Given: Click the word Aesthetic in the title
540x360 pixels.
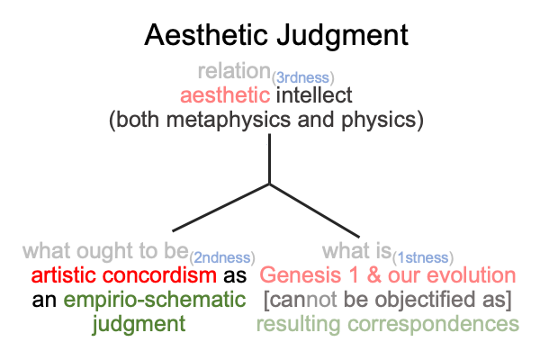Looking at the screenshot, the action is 206,34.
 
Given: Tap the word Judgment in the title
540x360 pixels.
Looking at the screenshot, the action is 343,36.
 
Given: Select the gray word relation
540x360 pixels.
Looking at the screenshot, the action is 234,71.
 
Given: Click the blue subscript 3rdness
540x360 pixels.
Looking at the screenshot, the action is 302,78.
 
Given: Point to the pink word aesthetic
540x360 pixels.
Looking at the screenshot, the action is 225,95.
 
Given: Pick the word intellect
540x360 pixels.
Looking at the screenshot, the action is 314,95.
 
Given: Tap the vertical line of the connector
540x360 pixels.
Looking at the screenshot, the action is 269,158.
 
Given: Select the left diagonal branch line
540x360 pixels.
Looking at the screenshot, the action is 220,207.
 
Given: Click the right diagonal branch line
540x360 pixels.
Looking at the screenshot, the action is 314,211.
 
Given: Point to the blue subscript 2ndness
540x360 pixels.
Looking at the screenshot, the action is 222,257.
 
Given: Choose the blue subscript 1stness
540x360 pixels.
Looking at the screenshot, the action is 423,257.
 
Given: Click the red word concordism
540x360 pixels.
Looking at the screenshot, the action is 159,275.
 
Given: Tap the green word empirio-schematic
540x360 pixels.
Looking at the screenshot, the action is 155,300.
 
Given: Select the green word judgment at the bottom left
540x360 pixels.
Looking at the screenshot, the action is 139,325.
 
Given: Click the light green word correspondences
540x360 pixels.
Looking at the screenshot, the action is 433,325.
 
